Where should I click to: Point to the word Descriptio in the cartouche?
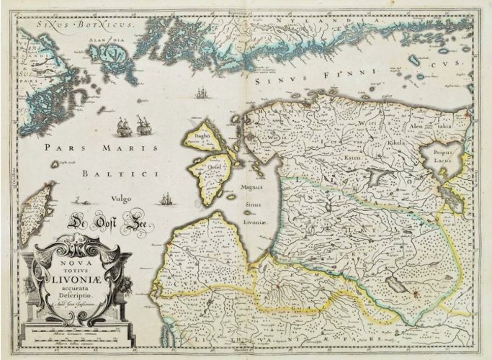tap(84, 293)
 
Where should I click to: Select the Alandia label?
tap(108, 42)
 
